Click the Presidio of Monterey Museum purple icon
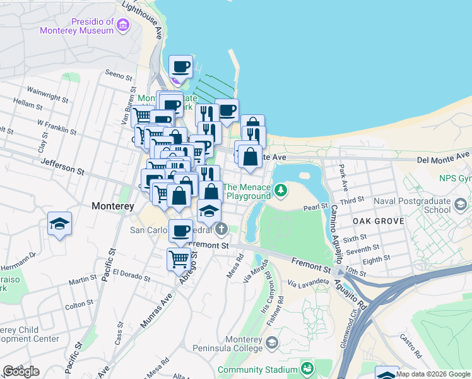[122, 25]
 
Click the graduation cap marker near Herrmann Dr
[60, 224]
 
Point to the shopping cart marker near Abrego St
[179, 258]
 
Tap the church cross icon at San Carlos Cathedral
[220, 228]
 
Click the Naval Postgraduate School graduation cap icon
[460, 204]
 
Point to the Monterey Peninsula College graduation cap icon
[272, 343]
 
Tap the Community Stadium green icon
[307, 368]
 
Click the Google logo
[21, 371]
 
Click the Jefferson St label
[62, 166]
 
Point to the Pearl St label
[316, 207]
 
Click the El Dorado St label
[131, 275]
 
